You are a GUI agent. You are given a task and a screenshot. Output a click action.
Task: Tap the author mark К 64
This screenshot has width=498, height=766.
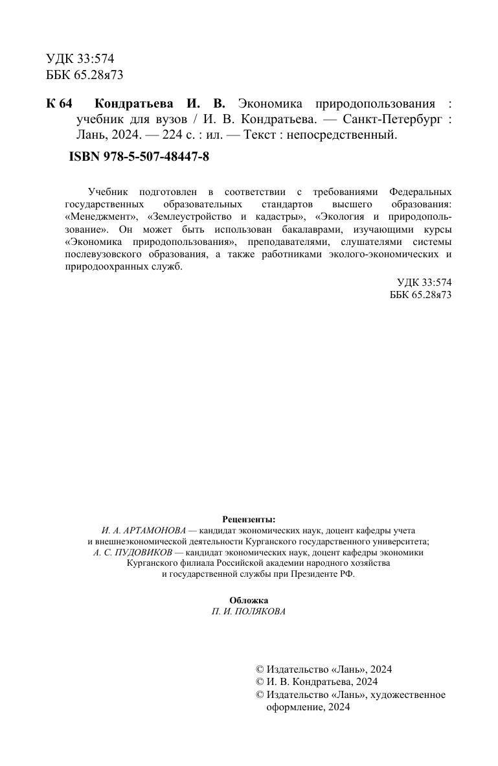(60, 104)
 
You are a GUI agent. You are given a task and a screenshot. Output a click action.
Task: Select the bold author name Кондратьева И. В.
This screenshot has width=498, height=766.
(160, 104)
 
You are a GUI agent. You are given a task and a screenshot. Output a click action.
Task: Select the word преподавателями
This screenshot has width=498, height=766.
(283, 242)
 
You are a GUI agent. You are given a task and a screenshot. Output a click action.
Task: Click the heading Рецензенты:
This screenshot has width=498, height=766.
(249, 519)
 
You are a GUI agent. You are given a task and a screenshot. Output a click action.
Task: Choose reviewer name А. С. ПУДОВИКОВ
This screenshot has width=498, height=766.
(132, 553)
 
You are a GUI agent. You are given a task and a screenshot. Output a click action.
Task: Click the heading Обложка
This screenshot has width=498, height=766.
(249, 601)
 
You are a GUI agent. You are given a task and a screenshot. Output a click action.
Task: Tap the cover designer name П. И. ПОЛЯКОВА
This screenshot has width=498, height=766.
(249, 612)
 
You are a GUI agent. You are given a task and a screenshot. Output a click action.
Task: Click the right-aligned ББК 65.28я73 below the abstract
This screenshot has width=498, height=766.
(420, 294)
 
